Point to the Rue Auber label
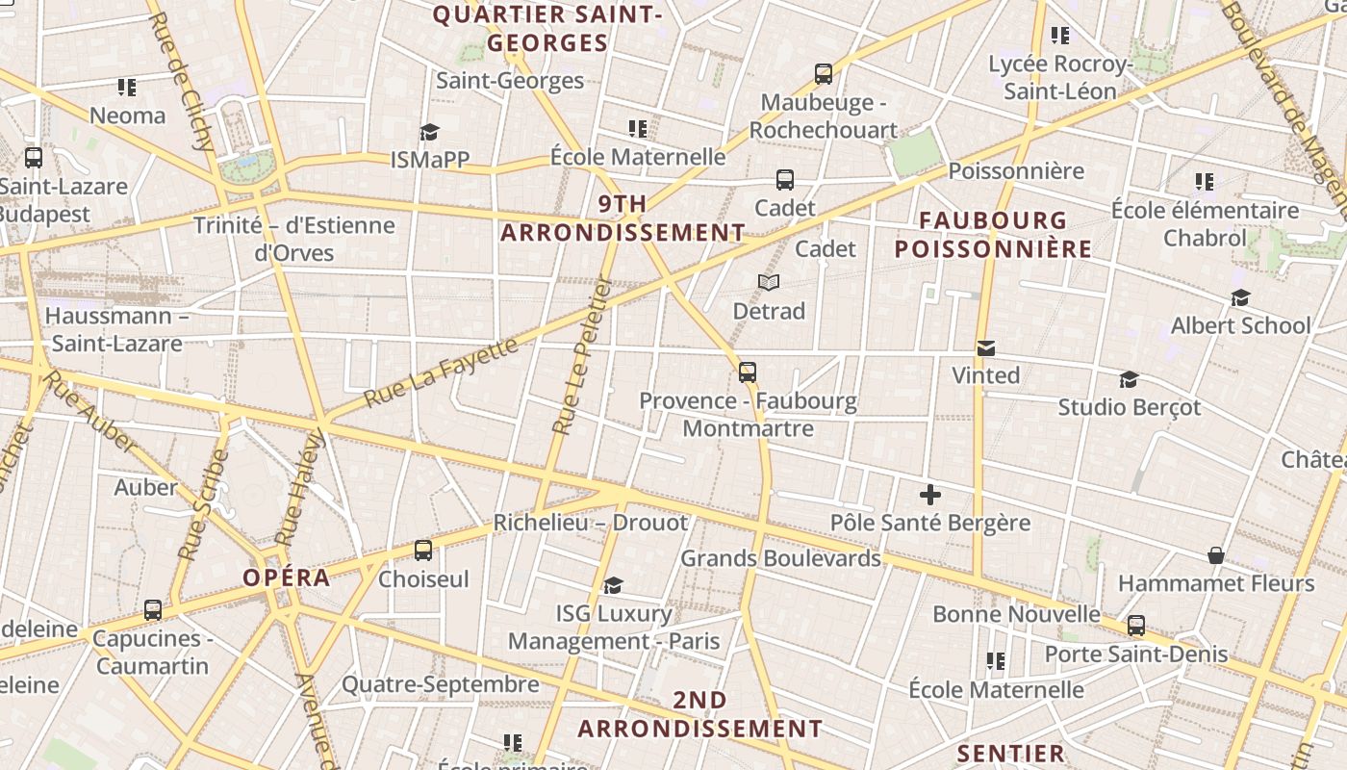point(89,411)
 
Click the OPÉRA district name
point(286,578)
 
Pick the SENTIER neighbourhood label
point(1011,754)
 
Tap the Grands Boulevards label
point(780,558)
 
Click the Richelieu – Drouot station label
point(591,523)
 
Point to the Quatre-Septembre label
point(441,684)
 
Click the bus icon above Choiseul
point(423,551)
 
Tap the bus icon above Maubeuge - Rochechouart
point(823,74)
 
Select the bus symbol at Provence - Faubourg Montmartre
point(748,372)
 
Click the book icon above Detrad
point(768,282)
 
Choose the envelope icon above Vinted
point(985,347)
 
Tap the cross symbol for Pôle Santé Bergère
point(929,496)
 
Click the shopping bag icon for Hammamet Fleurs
point(1216,555)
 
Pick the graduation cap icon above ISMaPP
point(429,132)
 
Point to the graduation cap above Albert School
point(1240,297)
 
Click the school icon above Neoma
point(127,88)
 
